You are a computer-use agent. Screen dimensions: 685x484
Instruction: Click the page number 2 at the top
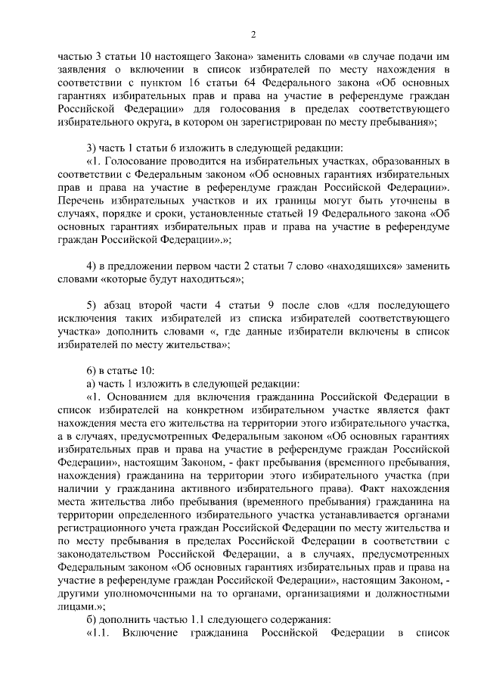click(253, 34)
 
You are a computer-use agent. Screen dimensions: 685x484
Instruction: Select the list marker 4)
click(91, 266)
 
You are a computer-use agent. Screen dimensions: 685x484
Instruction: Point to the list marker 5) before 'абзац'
click(91, 305)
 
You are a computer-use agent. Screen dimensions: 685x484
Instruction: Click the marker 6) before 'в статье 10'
click(91, 370)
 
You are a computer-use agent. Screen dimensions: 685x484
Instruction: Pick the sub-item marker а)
click(91, 383)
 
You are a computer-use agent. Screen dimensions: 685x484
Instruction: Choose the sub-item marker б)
click(91, 618)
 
